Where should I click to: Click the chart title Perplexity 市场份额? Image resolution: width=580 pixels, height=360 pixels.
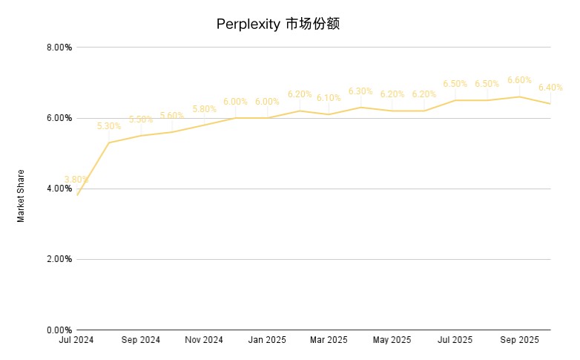(x=278, y=24)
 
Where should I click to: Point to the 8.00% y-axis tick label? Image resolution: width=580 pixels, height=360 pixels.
(x=59, y=48)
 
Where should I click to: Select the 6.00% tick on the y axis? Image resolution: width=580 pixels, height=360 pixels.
(x=59, y=118)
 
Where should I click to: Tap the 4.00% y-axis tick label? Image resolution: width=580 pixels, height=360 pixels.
(x=59, y=189)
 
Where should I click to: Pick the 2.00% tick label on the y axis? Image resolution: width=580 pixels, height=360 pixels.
(x=59, y=259)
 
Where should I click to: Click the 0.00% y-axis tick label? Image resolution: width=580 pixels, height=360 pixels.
(x=59, y=330)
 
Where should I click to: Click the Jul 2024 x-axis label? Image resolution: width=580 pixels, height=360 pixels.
(x=76, y=340)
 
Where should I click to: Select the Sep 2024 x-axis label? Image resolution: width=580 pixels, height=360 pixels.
(x=140, y=340)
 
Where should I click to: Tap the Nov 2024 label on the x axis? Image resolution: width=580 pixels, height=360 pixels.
(x=204, y=340)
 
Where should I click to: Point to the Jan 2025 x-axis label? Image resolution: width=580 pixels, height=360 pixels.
(x=267, y=340)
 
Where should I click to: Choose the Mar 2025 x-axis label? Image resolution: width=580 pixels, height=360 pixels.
(x=329, y=340)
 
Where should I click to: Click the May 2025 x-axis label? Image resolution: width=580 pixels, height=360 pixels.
(x=392, y=340)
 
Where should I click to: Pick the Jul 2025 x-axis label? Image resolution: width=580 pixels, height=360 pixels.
(x=455, y=340)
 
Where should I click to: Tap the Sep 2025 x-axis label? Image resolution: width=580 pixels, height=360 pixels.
(x=519, y=340)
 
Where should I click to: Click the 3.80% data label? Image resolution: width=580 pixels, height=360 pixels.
(x=76, y=180)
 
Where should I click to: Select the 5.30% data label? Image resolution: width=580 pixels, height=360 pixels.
(x=108, y=126)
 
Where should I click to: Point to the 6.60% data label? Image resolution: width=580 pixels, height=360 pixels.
(x=519, y=80)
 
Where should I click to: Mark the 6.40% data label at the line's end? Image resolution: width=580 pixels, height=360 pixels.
(x=550, y=88)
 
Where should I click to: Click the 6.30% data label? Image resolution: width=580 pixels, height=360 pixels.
(x=360, y=91)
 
